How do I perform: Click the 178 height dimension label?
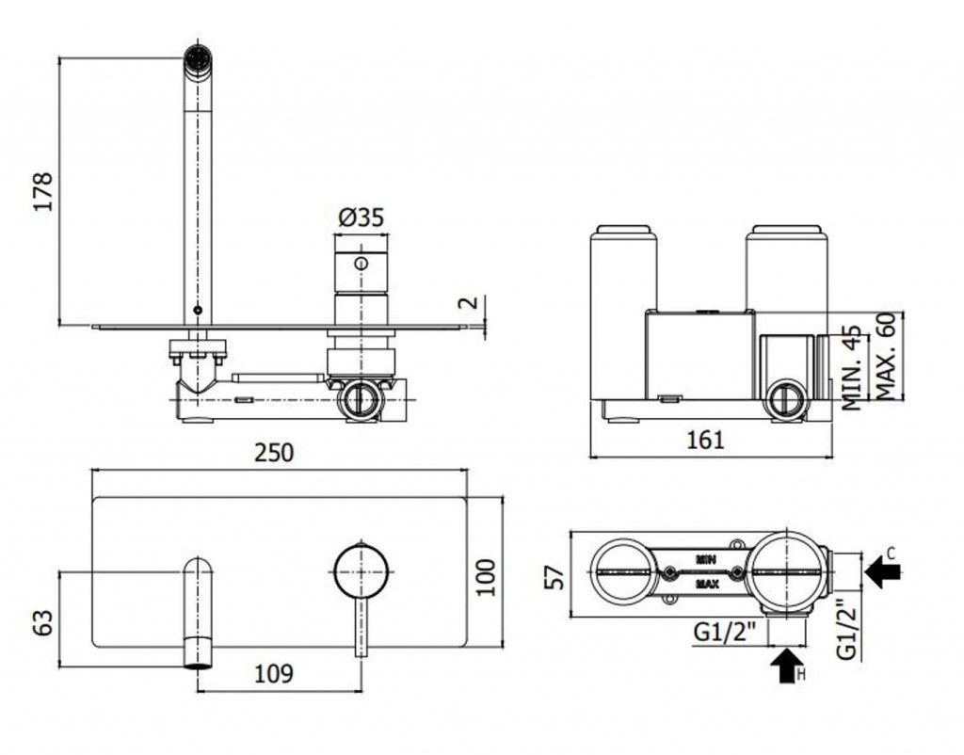tap(43, 191)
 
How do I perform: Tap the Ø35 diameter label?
tap(361, 217)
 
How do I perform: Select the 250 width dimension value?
tap(274, 453)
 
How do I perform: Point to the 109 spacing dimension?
tap(274, 674)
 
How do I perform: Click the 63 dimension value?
tap(43, 622)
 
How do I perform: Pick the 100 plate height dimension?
tap(487, 577)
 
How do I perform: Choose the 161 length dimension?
tap(705, 440)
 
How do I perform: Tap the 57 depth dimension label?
tap(555, 577)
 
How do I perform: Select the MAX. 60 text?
tap(885, 357)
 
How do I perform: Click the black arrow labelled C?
tap(882, 571)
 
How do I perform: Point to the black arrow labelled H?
tap(787, 667)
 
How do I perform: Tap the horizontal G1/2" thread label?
tap(724, 632)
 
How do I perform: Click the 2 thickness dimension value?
tap(469, 302)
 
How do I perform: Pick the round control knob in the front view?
tap(361, 570)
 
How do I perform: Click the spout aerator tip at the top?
tap(198, 60)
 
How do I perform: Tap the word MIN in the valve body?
tap(706, 559)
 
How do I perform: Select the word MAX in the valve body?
tap(707, 584)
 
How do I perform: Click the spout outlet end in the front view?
tap(199, 666)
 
